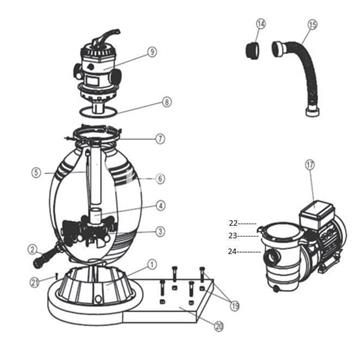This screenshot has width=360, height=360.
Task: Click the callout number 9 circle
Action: (x=152, y=52)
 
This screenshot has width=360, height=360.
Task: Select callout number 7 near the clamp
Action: (x=160, y=138)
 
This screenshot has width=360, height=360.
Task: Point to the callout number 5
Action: (x=36, y=172)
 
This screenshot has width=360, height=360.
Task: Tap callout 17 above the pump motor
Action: (x=310, y=165)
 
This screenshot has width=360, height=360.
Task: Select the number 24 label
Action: (x=233, y=251)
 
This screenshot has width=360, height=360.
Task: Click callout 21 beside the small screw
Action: (x=34, y=283)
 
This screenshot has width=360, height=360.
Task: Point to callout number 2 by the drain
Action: (x=32, y=250)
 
